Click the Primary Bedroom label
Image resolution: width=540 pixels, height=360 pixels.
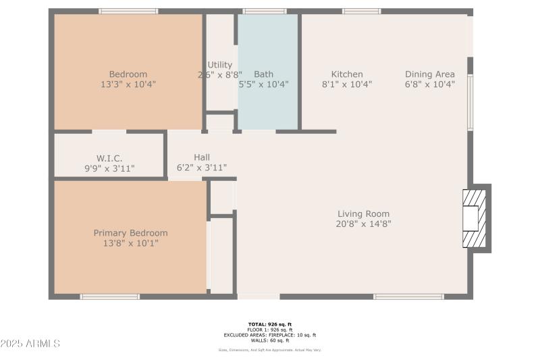pyautogui.click(x=130, y=233)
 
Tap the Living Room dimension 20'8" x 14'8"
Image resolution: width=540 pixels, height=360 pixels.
pyautogui.click(x=363, y=224)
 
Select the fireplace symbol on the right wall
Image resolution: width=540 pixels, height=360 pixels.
pyautogui.click(x=474, y=218)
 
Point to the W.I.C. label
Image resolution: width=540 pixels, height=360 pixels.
pyautogui.click(x=109, y=158)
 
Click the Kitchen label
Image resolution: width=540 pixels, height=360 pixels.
pyautogui.click(x=347, y=74)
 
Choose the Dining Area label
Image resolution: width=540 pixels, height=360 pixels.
pyautogui.click(x=429, y=74)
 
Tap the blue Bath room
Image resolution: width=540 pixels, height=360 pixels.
pyautogui.click(x=267, y=101)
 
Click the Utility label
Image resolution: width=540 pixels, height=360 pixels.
pyautogui.click(x=220, y=65)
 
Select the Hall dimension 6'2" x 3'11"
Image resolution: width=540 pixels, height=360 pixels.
pyautogui.click(x=201, y=168)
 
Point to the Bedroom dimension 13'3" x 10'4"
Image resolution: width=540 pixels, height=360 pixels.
pyautogui.click(x=128, y=84)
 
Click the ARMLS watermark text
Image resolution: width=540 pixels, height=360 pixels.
pyautogui.click(x=30, y=344)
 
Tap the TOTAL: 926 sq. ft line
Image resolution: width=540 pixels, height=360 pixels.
pyautogui.click(x=269, y=324)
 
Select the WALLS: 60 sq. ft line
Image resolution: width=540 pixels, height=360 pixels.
pyautogui.click(x=269, y=340)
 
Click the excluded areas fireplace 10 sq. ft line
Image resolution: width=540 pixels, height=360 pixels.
pyautogui.click(x=269, y=335)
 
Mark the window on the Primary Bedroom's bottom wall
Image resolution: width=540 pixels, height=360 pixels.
pyautogui.click(x=109, y=297)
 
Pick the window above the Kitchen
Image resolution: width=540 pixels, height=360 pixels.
pyautogui.click(x=361, y=11)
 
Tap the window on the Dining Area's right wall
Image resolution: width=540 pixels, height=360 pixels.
pyautogui.click(x=470, y=101)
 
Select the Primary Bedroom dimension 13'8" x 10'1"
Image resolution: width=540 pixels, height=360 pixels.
pyautogui.click(x=130, y=243)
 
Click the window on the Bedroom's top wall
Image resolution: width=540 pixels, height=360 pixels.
pyautogui.click(x=128, y=11)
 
